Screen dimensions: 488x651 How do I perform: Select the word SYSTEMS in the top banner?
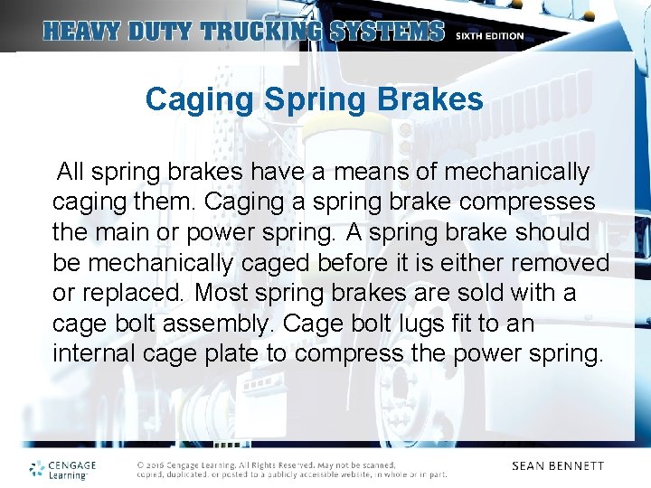pyautogui.click(x=388, y=32)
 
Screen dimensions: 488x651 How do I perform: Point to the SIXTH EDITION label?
pyautogui.click(x=490, y=36)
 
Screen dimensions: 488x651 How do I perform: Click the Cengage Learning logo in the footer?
pyautogui.click(x=62, y=469)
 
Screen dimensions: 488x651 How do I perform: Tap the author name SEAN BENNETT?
pyautogui.click(x=557, y=466)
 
